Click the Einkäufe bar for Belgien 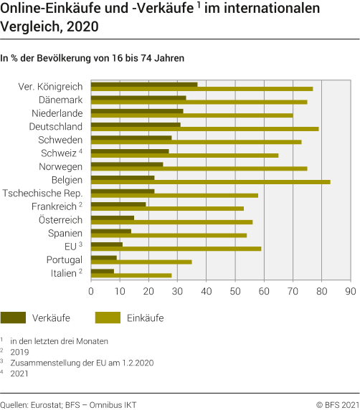(x=210, y=181)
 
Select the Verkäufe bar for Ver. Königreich (x=144, y=85)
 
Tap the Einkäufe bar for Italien (x=131, y=275)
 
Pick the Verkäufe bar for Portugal (x=104, y=257)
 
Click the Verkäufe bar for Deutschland (x=136, y=124)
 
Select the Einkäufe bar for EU (x=176, y=249)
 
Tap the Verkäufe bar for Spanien (x=111, y=230)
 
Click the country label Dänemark (x=62, y=100)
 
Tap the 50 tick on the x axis (x=235, y=292)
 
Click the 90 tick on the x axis (x=351, y=292)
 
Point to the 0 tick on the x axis (x=91, y=292)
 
